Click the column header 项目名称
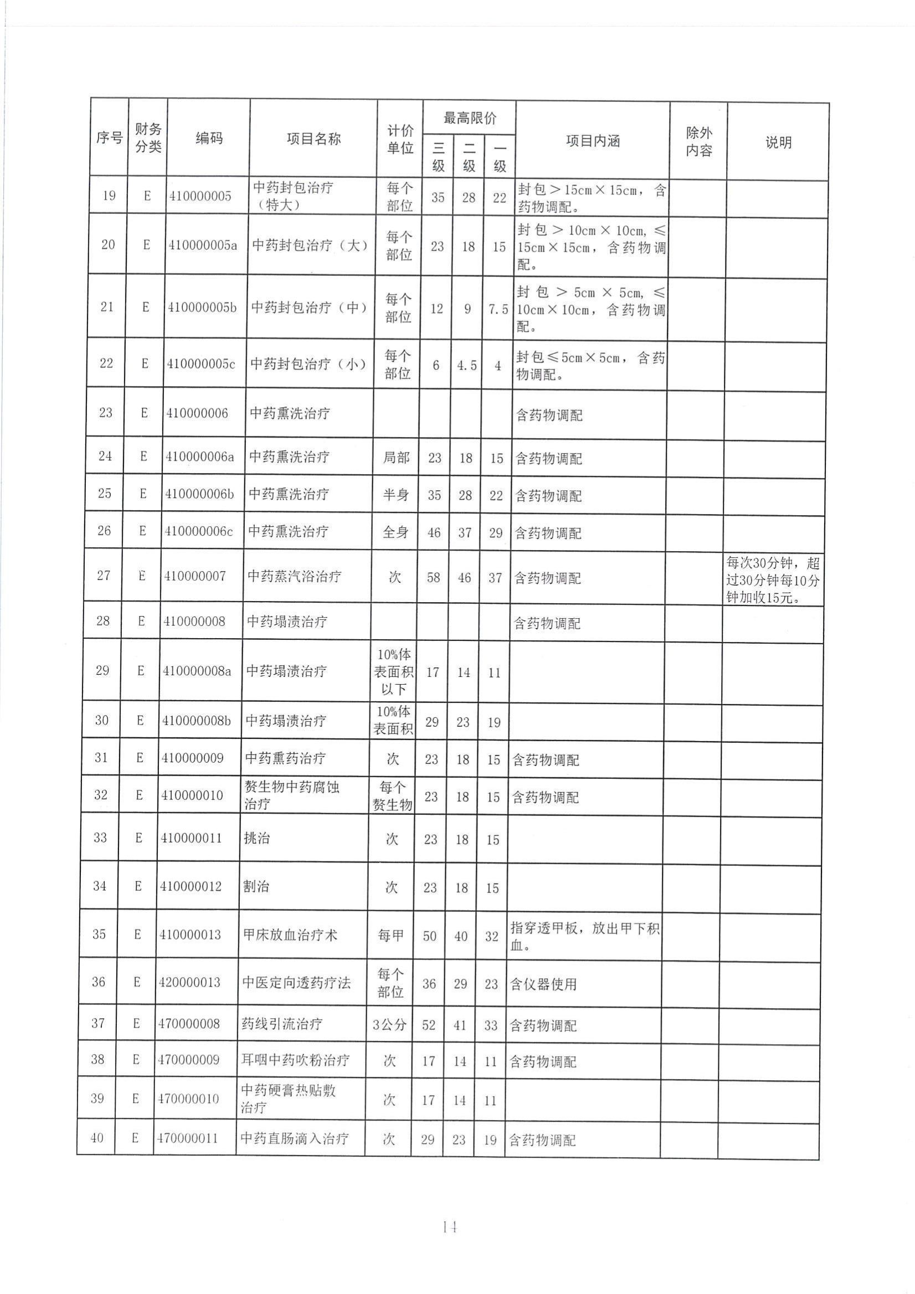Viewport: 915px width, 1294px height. click(x=313, y=138)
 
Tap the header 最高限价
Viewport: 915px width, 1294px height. click(x=470, y=119)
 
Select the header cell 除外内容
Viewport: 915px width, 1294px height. click(x=698, y=141)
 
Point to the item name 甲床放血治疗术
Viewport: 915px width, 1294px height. click(x=290, y=935)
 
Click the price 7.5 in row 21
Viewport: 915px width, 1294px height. click(x=498, y=310)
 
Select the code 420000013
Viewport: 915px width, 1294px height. click(x=189, y=982)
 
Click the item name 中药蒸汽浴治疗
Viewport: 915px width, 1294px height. click(x=295, y=577)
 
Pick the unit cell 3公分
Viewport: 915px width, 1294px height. click(x=389, y=1024)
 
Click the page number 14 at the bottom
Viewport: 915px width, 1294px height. click(x=449, y=1227)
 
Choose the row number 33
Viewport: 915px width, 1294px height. click(x=100, y=838)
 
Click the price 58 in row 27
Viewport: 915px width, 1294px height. click(x=433, y=578)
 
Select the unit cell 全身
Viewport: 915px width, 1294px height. click(x=395, y=532)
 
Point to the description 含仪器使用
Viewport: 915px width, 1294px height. click(x=543, y=984)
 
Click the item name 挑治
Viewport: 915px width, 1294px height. click(x=257, y=838)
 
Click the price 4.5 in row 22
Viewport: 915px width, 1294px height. click(x=466, y=366)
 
